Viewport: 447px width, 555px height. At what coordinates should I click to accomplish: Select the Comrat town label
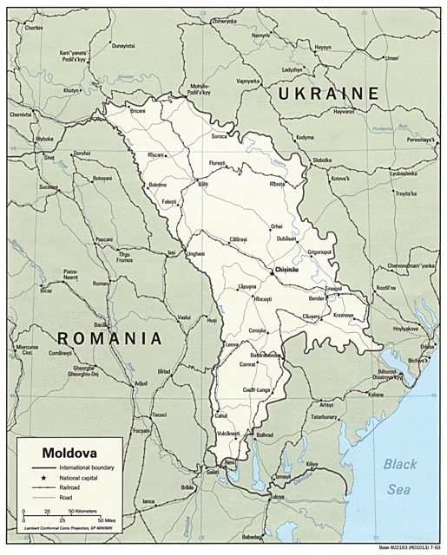pyautogui.click(x=249, y=365)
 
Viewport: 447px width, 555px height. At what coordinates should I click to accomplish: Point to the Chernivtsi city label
pyautogui.click(x=23, y=114)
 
